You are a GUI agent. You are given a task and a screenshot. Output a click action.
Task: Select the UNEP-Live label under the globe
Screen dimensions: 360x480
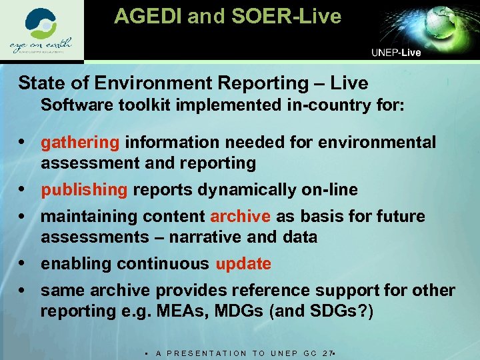click(396, 53)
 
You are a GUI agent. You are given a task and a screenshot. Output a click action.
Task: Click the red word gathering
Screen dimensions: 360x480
click(80, 143)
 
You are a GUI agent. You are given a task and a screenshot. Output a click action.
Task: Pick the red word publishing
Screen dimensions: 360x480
click(84, 190)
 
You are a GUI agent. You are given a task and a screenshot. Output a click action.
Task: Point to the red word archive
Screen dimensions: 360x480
click(240, 217)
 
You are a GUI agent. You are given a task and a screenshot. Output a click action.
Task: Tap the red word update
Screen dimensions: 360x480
click(243, 264)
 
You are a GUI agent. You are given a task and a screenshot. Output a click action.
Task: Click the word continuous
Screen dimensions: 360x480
click(163, 264)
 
